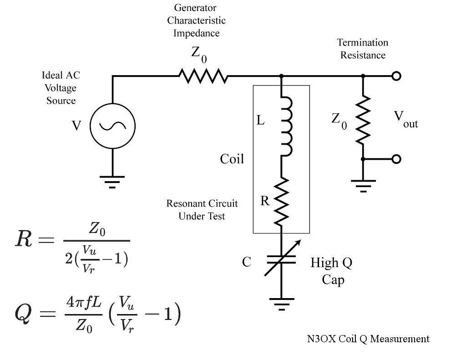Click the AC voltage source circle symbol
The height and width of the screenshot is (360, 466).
pos(112,126)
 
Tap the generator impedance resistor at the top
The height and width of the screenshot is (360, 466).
pos(203,76)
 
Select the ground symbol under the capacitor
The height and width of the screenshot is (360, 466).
pos(282,303)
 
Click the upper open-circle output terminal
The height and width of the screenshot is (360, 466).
pos(396,76)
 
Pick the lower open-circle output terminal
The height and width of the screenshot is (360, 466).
pos(396,159)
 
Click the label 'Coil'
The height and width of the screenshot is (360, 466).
pos(232,159)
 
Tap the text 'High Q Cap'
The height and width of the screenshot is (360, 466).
pos(331,271)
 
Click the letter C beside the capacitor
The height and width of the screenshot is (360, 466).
pos(246,262)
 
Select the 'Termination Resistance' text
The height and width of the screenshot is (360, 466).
pos(363,49)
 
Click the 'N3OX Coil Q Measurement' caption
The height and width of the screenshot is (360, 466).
pos(368,339)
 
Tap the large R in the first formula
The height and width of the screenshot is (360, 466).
pos(24,239)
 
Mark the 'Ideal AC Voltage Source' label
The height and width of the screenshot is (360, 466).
pos(61,88)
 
